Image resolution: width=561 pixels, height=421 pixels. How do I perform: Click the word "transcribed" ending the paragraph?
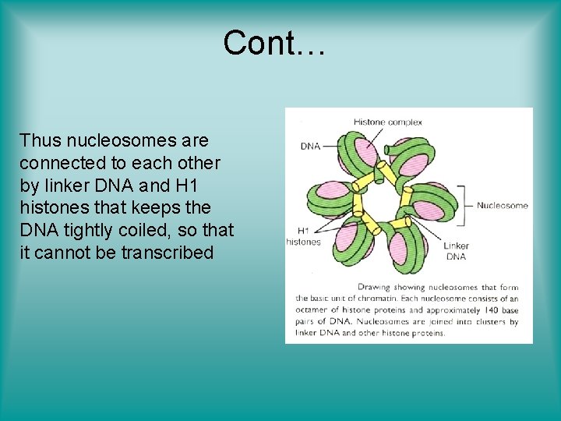(x=167, y=253)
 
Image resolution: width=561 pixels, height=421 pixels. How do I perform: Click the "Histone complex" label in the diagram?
(x=387, y=122)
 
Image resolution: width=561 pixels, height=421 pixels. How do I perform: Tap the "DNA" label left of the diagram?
(x=310, y=147)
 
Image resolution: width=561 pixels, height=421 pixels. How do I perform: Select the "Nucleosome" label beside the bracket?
(x=502, y=206)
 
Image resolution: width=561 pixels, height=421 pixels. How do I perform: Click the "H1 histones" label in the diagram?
(x=303, y=236)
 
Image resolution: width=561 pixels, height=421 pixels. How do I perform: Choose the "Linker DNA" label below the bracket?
(x=456, y=251)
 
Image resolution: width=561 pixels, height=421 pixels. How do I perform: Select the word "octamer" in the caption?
(x=313, y=310)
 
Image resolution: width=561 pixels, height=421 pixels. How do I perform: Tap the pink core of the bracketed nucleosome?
(x=429, y=209)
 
